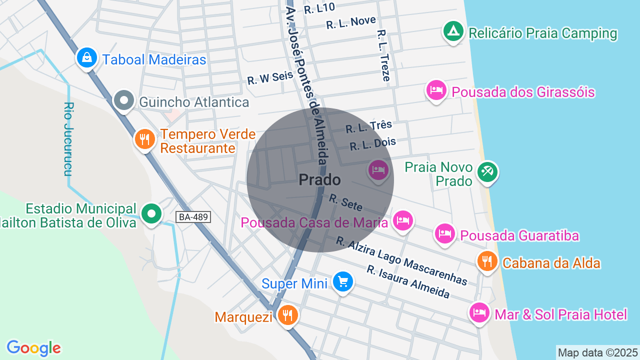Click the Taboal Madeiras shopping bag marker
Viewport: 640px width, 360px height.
coord(87,57)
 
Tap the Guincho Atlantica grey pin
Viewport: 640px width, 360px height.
coord(124,100)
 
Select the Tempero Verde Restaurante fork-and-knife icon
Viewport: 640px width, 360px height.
coord(145,139)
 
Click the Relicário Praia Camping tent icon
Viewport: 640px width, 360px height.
coord(453,31)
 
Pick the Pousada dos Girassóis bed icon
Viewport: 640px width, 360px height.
coord(436,90)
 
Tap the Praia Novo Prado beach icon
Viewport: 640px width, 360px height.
coord(487,172)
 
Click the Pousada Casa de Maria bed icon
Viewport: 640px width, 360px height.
coord(402,220)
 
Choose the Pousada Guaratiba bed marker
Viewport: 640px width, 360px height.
coord(444,233)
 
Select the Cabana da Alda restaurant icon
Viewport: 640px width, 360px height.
coord(486,261)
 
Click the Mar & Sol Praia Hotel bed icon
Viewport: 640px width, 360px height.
coord(479,312)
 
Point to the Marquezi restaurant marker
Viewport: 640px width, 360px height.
coord(287,315)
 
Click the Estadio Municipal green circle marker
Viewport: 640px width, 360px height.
coord(151,214)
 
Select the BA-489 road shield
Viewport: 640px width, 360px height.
coord(193,217)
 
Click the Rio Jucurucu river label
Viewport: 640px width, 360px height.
coord(69,139)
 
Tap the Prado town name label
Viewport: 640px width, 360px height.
coord(319,180)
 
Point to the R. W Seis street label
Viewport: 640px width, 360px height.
coord(270,77)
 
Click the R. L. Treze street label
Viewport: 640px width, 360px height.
coord(383,55)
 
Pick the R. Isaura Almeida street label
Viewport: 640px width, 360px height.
coord(408,281)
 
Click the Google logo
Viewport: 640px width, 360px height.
coord(33,348)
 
